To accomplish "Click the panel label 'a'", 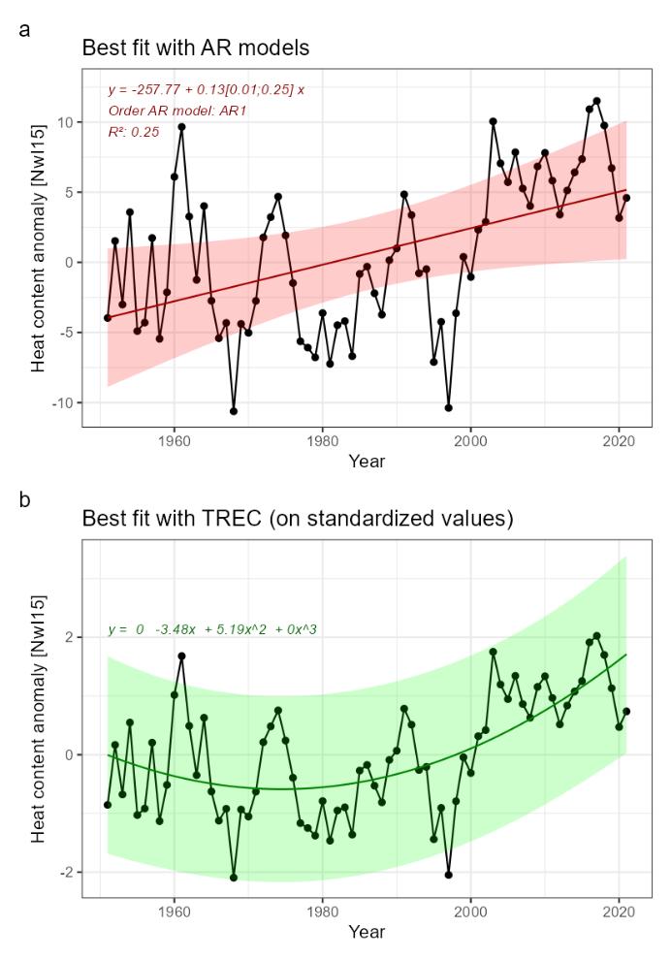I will pyautogui.click(x=24, y=30).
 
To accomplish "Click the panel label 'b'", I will pyautogui.click(x=24, y=502).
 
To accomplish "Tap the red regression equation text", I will pyautogui.click(x=206, y=89).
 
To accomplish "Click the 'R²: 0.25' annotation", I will pyautogui.click(x=134, y=132).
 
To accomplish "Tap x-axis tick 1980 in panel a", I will pyautogui.click(x=322, y=441).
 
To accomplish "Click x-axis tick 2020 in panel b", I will pyautogui.click(x=619, y=913).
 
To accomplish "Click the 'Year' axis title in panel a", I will pyautogui.click(x=366, y=462).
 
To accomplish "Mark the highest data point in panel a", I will pyautogui.click(x=596, y=101).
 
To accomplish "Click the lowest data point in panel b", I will pyautogui.click(x=234, y=878).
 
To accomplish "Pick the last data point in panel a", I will pyautogui.click(x=626, y=198).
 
